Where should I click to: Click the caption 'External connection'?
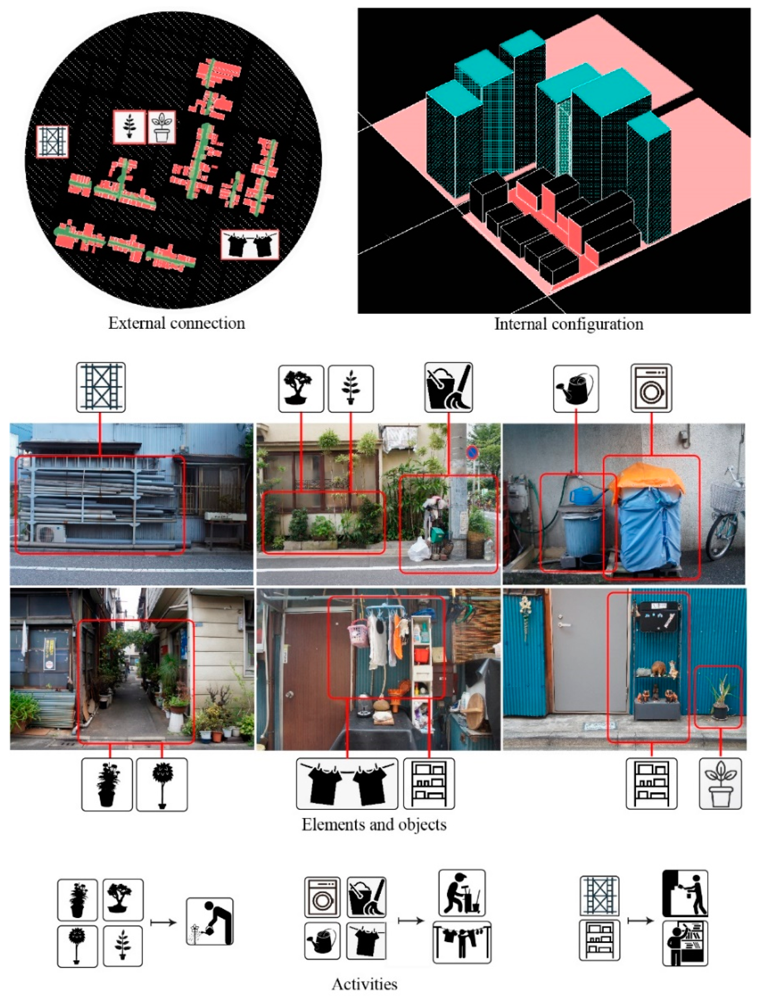[176, 323]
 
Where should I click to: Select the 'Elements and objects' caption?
[374, 824]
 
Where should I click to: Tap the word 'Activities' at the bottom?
[364, 984]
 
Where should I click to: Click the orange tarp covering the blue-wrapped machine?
[648, 479]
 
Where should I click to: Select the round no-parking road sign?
[472, 453]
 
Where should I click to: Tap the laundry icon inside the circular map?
[249, 245]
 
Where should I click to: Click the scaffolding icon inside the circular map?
[52, 142]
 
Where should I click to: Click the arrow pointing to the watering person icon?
[163, 922]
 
